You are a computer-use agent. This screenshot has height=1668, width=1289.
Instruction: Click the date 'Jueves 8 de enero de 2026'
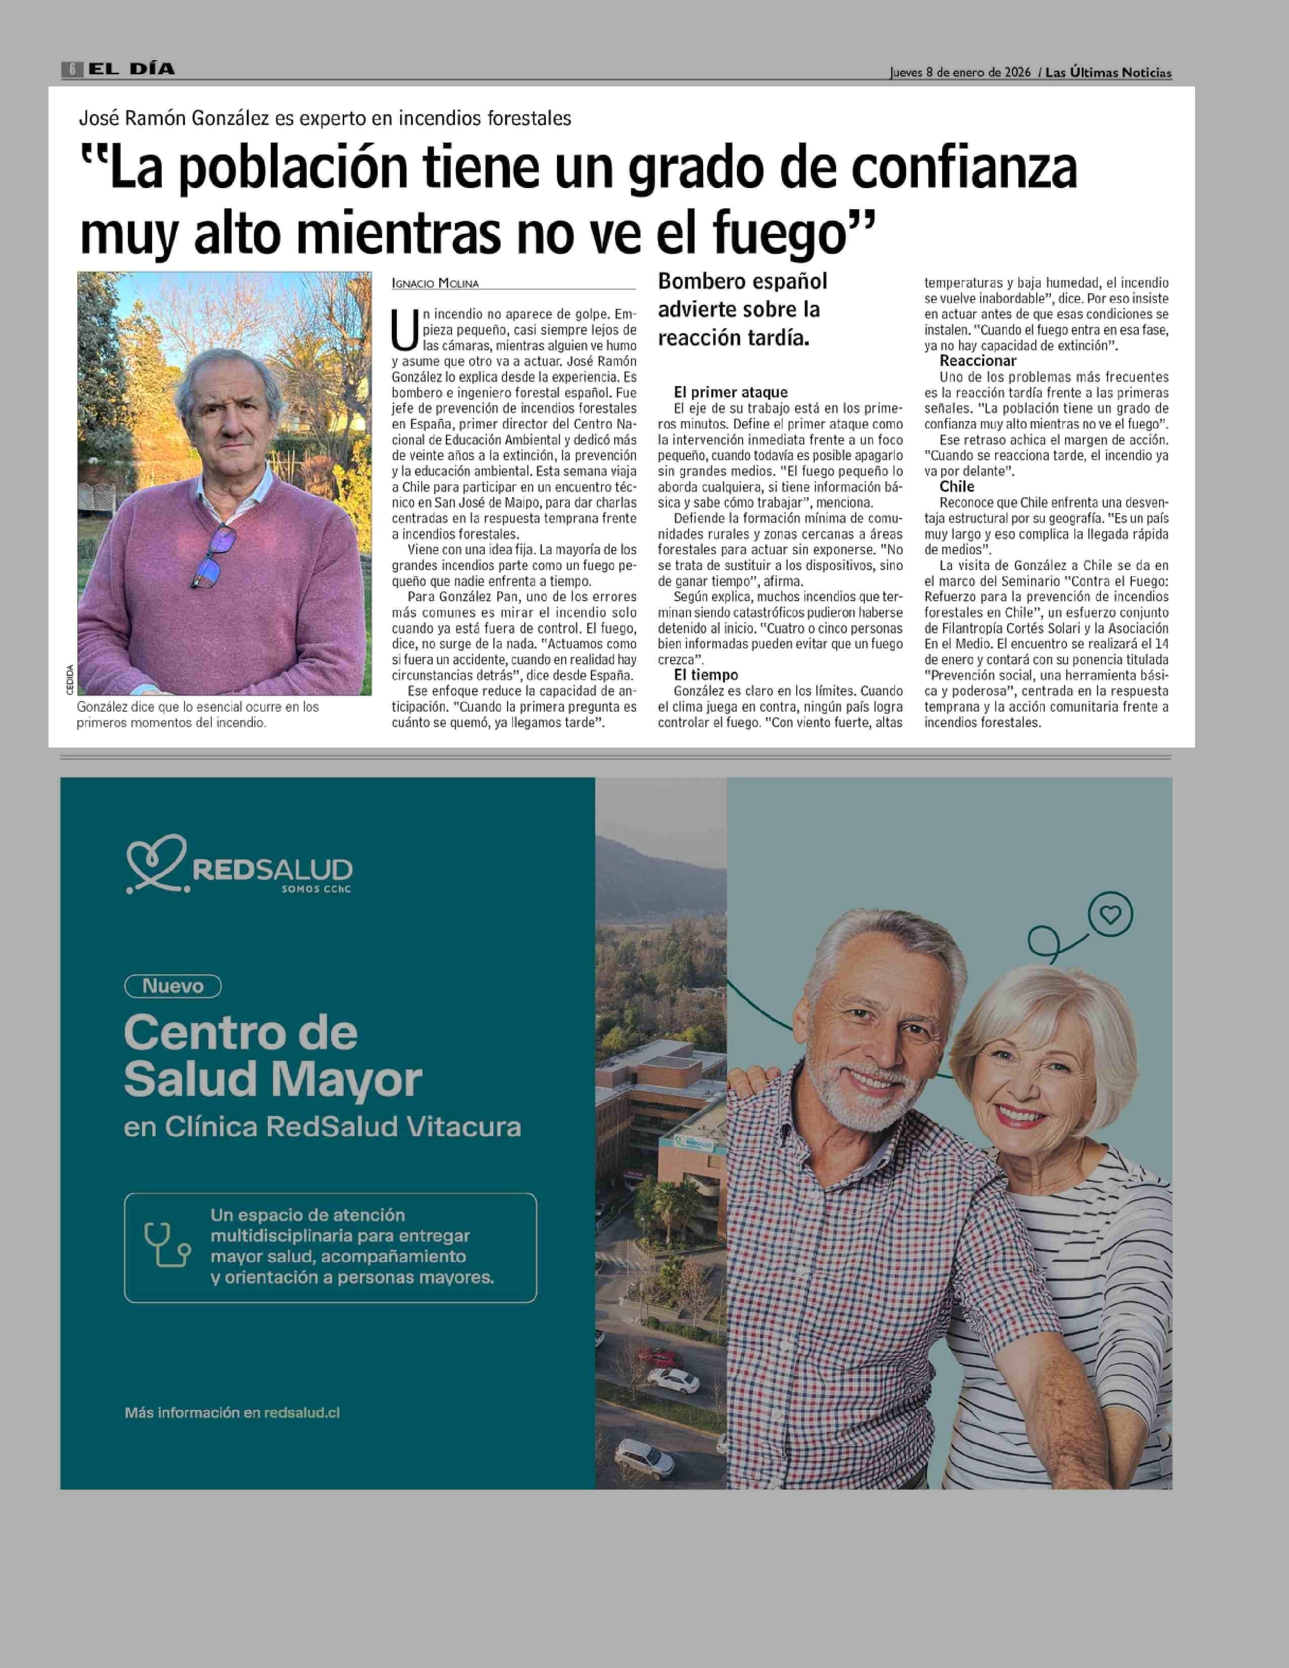tap(960, 73)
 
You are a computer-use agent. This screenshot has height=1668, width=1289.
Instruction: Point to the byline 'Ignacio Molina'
tap(435, 284)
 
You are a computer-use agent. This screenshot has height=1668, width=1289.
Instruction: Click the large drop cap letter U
tap(405, 329)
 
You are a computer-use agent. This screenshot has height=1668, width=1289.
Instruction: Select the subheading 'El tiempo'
tap(706, 675)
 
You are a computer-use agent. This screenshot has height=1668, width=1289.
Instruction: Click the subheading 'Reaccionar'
tap(978, 361)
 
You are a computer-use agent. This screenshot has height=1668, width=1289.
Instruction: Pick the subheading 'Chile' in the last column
tap(957, 486)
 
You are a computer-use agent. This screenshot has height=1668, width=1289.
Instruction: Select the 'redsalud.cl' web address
tap(302, 1413)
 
